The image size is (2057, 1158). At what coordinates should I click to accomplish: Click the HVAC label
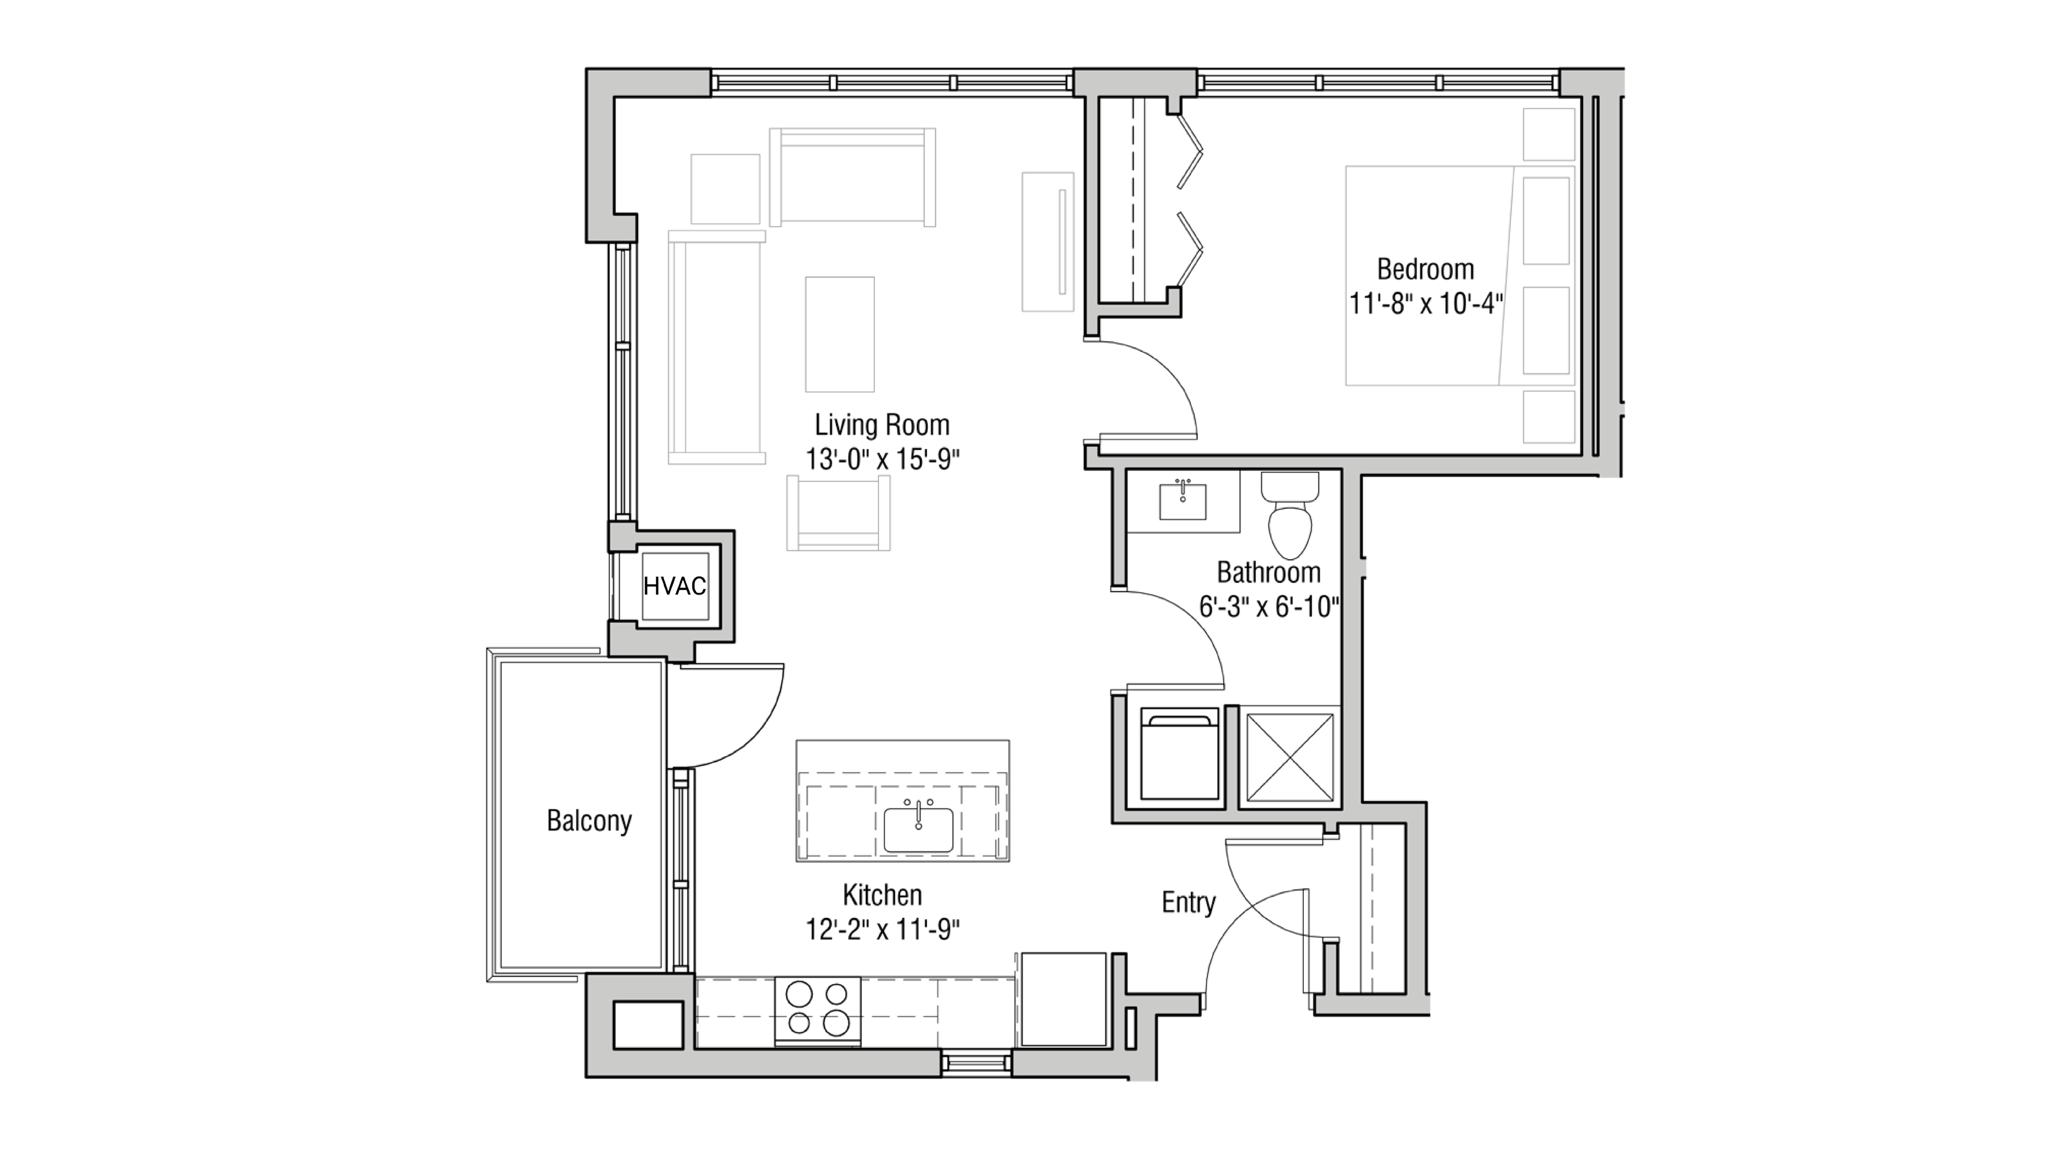[675, 586]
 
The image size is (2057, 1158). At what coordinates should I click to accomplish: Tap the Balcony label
[589, 820]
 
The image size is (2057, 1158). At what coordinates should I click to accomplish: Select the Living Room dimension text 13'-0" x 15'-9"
[882, 460]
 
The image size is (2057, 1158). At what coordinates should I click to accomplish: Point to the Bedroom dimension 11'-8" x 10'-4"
[1425, 304]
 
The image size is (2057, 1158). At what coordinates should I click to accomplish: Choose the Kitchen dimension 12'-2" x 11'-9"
[882, 930]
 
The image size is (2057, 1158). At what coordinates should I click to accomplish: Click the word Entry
[1188, 903]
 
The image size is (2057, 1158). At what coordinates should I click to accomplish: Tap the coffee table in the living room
[839, 334]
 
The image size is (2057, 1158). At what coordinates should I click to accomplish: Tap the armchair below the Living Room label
[839, 513]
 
